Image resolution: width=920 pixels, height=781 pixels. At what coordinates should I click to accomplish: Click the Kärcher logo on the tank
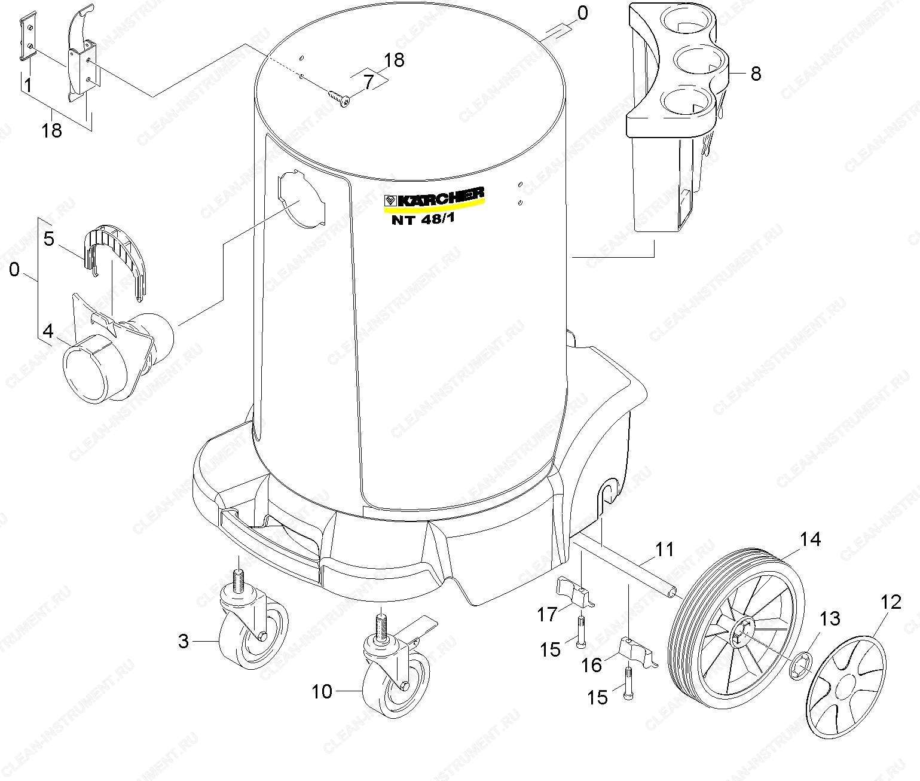pos(434,198)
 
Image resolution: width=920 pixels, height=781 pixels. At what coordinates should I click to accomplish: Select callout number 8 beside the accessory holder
pos(756,74)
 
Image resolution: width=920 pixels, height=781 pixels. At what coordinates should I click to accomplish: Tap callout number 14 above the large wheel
pos(810,539)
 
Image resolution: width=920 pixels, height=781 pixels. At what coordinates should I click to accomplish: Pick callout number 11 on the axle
pos(665,550)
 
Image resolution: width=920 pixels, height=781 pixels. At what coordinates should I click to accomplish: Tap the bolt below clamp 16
pos(628,684)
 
